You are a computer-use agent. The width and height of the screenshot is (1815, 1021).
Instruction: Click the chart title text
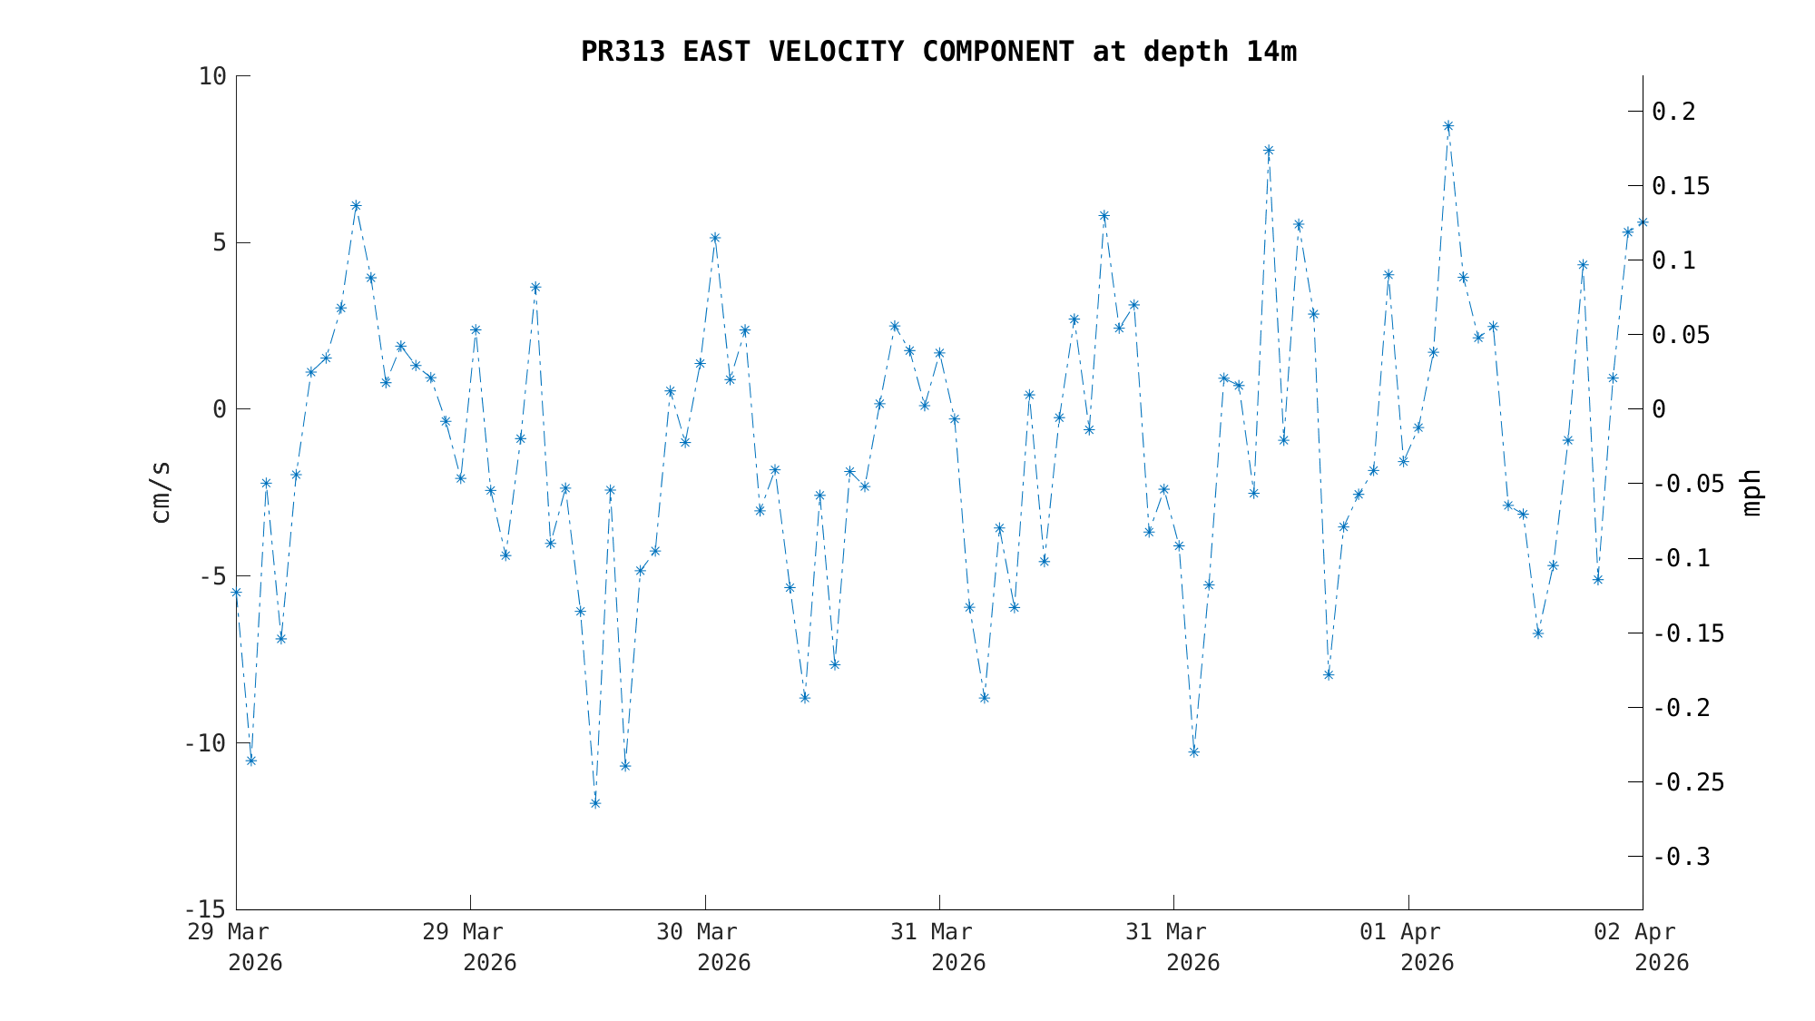(938, 52)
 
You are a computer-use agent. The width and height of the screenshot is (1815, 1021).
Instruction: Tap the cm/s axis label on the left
(161, 492)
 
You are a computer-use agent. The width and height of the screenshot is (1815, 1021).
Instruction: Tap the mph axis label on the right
(1751, 492)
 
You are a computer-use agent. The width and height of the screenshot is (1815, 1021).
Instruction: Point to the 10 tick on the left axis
(212, 76)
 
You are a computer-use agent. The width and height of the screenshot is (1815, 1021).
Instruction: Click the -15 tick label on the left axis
(205, 909)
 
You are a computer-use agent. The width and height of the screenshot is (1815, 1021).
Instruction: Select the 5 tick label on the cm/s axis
(219, 243)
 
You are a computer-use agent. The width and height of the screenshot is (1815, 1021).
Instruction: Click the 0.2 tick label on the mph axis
(1674, 112)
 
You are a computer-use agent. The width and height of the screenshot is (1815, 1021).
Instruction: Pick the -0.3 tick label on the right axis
(1681, 857)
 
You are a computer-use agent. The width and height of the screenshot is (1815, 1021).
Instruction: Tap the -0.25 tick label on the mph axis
(1688, 782)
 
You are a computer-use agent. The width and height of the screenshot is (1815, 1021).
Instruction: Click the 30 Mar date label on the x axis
(697, 932)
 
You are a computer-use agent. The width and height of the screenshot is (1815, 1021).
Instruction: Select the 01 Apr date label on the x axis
(1400, 932)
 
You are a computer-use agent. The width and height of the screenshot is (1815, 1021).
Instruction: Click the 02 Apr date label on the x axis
(1635, 932)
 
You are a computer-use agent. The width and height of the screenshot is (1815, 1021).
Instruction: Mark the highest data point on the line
(1448, 126)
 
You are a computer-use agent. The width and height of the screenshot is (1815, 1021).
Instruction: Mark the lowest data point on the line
(595, 803)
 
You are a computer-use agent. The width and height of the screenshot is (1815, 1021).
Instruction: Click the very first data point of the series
(236, 593)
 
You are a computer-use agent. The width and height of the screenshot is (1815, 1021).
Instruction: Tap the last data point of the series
(1643, 222)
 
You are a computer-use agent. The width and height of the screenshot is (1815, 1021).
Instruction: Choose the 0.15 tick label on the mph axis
(1681, 186)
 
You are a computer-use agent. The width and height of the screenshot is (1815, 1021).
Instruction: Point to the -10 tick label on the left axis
(205, 743)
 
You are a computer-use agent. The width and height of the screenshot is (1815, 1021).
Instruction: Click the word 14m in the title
(1271, 52)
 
